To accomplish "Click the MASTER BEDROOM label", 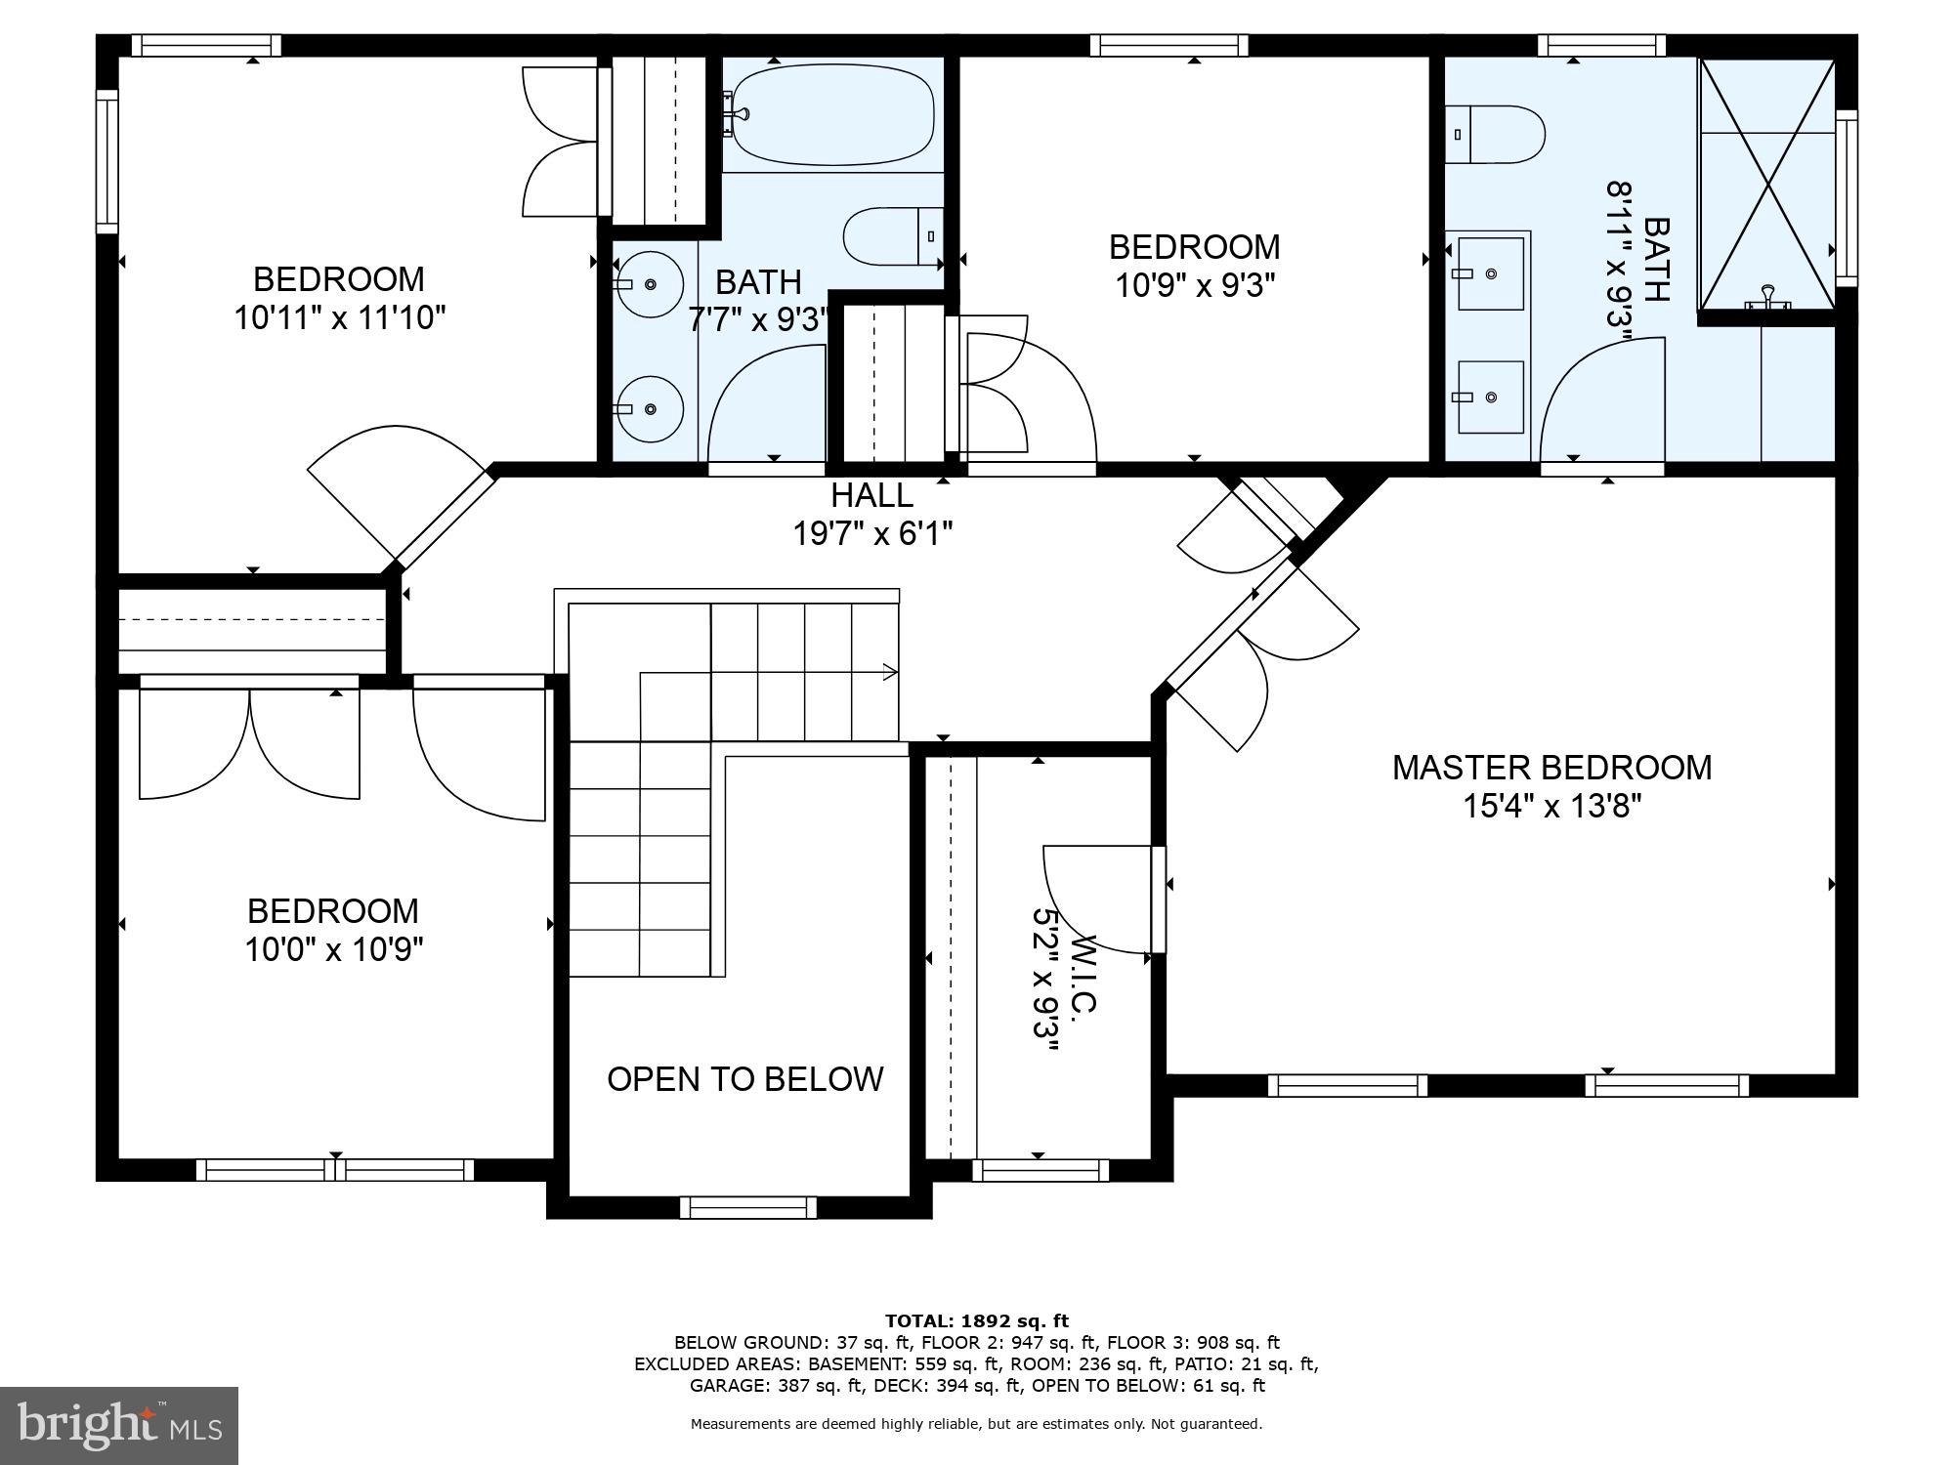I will (1551, 768).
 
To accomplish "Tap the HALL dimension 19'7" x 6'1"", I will (872, 533).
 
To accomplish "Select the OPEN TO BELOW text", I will (744, 1078).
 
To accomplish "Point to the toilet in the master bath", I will (1495, 135).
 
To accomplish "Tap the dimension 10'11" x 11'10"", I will (339, 317).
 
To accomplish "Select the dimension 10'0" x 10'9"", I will (333, 949).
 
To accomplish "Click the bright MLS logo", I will (119, 1426).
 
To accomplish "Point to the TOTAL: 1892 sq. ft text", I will (977, 1321).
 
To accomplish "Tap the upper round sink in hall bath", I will (649, 284).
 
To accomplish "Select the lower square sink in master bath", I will (1490, 397).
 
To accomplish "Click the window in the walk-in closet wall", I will (1040, 1170).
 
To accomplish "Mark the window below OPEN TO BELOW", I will (747, 1207).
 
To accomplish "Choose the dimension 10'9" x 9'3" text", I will (1194, 285).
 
